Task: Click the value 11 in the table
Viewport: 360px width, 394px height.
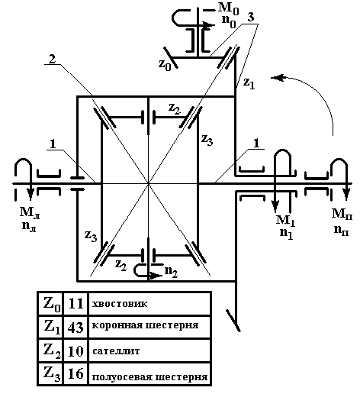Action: pos(76,303)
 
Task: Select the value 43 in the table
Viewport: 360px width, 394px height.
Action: pos(76,328)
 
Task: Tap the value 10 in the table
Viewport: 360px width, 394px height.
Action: pos(76,351)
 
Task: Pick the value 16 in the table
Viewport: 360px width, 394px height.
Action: pos(76,373)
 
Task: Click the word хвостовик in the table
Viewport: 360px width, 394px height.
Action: pos(120,304)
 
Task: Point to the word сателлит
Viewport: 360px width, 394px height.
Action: pos(116,351)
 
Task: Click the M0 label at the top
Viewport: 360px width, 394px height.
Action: pos(228,8)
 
